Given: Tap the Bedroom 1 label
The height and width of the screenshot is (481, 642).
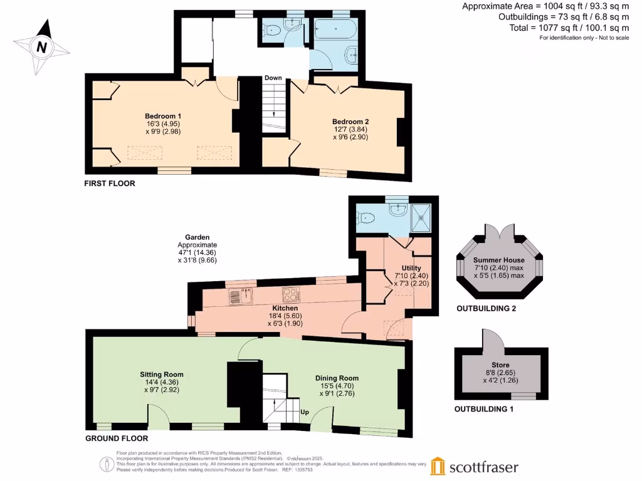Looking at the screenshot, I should [163, 116].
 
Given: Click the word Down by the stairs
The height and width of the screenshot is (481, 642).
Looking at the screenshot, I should [273, 78].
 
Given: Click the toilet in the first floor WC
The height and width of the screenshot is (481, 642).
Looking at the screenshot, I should [271, 29].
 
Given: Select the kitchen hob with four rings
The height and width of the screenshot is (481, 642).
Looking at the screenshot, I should [292, 294].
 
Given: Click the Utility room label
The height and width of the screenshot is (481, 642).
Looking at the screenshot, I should [412, 267].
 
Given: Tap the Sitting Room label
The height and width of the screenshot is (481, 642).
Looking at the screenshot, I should [162, 375].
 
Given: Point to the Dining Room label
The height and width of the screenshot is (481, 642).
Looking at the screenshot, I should [337, 378].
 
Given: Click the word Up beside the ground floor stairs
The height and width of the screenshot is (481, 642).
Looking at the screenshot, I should [305, 412].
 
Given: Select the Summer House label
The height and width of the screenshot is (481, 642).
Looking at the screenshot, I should [499, 260].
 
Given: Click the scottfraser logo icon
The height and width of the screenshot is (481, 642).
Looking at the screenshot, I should [438, 467].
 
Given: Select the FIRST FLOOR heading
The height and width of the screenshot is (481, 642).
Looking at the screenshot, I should [110, 184].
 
